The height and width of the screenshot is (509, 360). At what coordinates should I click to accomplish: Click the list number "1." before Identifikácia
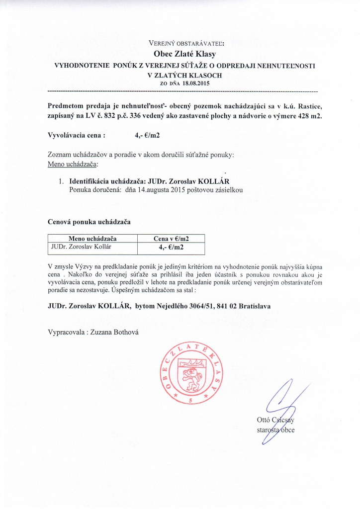pos(62,181)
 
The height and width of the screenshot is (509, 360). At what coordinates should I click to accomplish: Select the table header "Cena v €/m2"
pos(171,239)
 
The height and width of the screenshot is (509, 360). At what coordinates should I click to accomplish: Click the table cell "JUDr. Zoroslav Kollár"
pos(82,247)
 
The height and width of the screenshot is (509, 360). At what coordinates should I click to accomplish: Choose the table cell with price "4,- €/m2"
pos(171,247)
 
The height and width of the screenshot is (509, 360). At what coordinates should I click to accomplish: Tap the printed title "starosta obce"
pos(275,430)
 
